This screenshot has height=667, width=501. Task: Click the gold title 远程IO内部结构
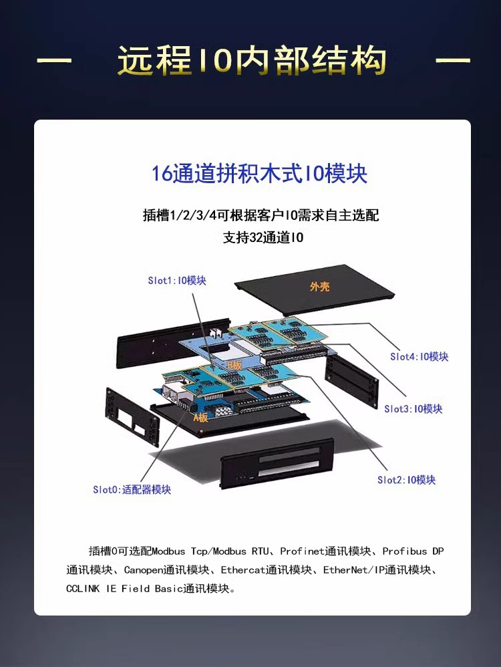(x=251, y=60)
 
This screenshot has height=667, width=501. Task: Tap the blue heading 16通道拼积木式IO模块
(x=259, y=174)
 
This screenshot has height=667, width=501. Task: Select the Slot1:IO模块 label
(x=177, y=280)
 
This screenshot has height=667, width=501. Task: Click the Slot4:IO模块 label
(x=420, y=356)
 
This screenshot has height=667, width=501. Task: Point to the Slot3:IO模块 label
(x=413, y=409)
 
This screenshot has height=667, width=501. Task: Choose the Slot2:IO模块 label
(x=407, y=480)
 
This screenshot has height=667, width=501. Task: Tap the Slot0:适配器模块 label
(x=132, y=490)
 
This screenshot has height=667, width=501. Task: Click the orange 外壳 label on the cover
(x=319, y=287)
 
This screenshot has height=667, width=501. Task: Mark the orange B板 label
(x=234, y=364)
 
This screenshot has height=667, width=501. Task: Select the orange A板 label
(x=201, y=417)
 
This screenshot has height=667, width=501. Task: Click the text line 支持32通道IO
(x=263, y=237)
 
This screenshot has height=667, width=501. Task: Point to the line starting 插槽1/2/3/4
(x=261, y=215)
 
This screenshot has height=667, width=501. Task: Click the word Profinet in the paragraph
(x=303, y=551)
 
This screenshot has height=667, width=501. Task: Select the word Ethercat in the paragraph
(x=243, y=570)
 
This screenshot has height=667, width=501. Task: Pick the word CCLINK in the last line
(x=83, y=589)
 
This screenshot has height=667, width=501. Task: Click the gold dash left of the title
(x=54, y=60)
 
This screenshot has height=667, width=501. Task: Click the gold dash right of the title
(x=453, y=60)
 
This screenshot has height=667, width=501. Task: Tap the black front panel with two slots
(x=276, y=463)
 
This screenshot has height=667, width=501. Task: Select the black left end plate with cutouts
(x=132, y=417)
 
